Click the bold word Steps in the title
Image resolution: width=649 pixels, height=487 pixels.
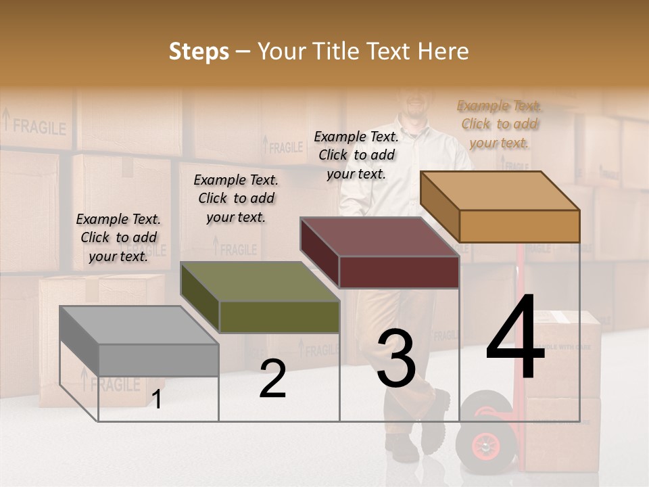[199, 51]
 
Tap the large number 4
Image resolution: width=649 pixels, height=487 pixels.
[515, 338]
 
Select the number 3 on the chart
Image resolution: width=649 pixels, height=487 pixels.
[396, 359]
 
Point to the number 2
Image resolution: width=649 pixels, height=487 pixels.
[272, 379]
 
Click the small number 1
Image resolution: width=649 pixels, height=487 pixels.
[157, 400]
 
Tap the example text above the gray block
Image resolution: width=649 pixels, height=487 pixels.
[118, 237]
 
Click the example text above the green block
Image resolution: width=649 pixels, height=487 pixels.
[236, 198]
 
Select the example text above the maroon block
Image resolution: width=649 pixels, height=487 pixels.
[356, 155]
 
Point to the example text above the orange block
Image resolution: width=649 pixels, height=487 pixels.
[499, 124]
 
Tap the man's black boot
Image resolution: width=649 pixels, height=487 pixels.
[436, 419]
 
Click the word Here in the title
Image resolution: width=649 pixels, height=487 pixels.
[443, 51]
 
